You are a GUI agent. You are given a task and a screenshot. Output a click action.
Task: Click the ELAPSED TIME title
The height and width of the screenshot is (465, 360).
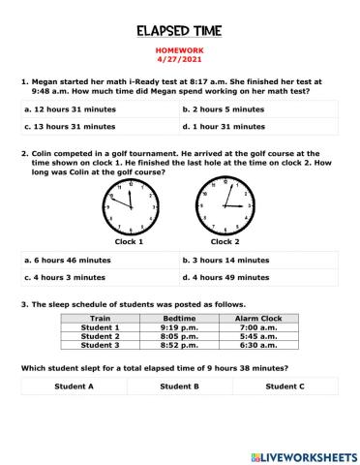(x=179, y=31)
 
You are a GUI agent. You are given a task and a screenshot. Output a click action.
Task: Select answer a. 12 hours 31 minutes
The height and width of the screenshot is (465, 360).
(x=70, y=109)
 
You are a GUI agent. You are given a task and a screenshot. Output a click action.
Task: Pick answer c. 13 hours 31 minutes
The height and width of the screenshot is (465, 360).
(x=70, y=126)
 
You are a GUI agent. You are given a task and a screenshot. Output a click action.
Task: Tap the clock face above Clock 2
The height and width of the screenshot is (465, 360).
(x=225, y=206)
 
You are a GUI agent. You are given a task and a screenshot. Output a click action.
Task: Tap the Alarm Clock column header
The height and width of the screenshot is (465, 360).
(x=258, y=318)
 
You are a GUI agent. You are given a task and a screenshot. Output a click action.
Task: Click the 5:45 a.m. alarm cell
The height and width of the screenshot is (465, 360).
(x=258, y=335)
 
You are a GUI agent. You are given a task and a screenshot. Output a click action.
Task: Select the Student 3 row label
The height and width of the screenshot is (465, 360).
(x=100, y=344)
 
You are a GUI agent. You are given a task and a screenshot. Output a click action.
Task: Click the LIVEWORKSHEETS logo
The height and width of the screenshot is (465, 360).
(x=303, y=454)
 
